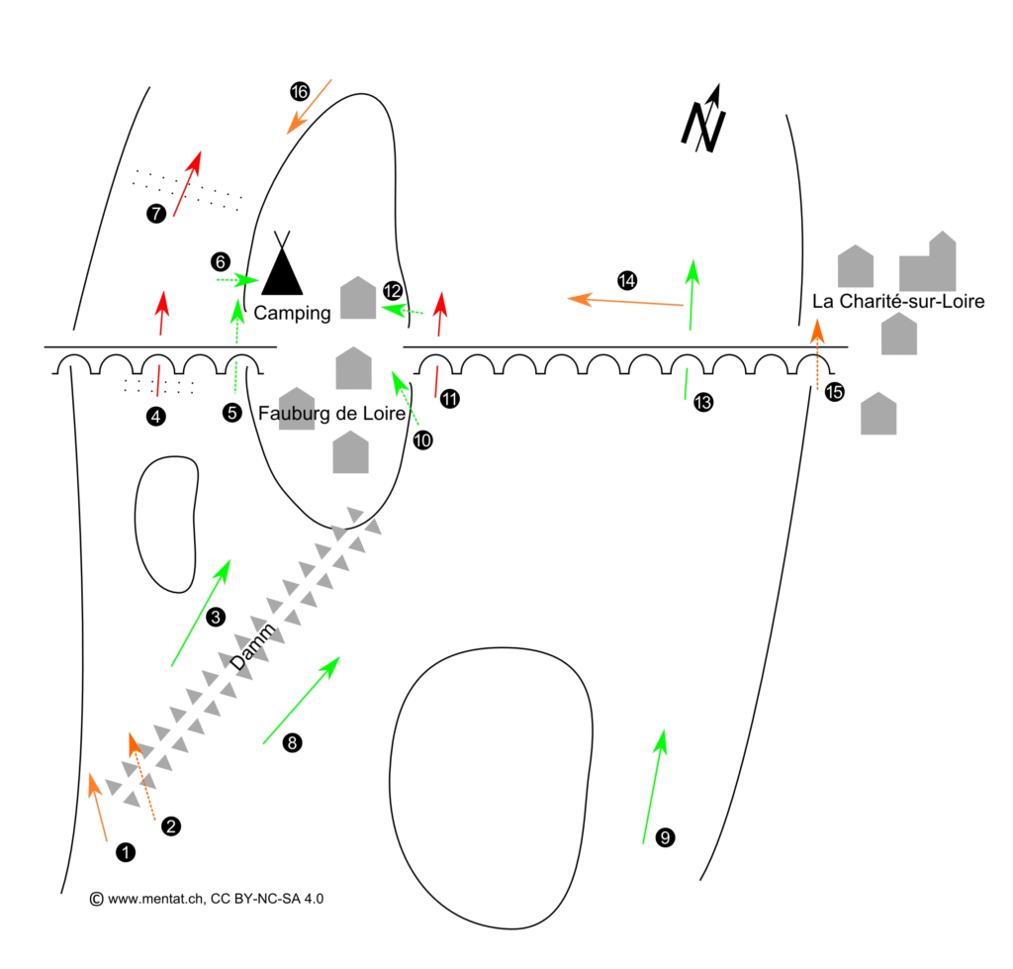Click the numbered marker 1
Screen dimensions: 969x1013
coord(125,851)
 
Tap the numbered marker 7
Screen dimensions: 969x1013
coord(154,213)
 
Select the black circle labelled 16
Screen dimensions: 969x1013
coord(300,92)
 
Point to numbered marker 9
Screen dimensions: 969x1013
coord(665,838)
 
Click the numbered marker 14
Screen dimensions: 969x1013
coord(626,280)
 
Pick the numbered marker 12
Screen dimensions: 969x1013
coord(393,291)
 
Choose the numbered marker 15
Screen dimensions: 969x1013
coord(834,392)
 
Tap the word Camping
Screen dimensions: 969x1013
coord(292,313)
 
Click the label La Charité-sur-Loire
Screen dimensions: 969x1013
coord(897,301)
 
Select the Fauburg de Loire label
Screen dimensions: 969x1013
coord(331,414)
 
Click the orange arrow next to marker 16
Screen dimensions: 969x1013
coord(309,106)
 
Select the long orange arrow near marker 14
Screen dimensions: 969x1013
coord(626,301)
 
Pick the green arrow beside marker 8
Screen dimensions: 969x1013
coord(302,699)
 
